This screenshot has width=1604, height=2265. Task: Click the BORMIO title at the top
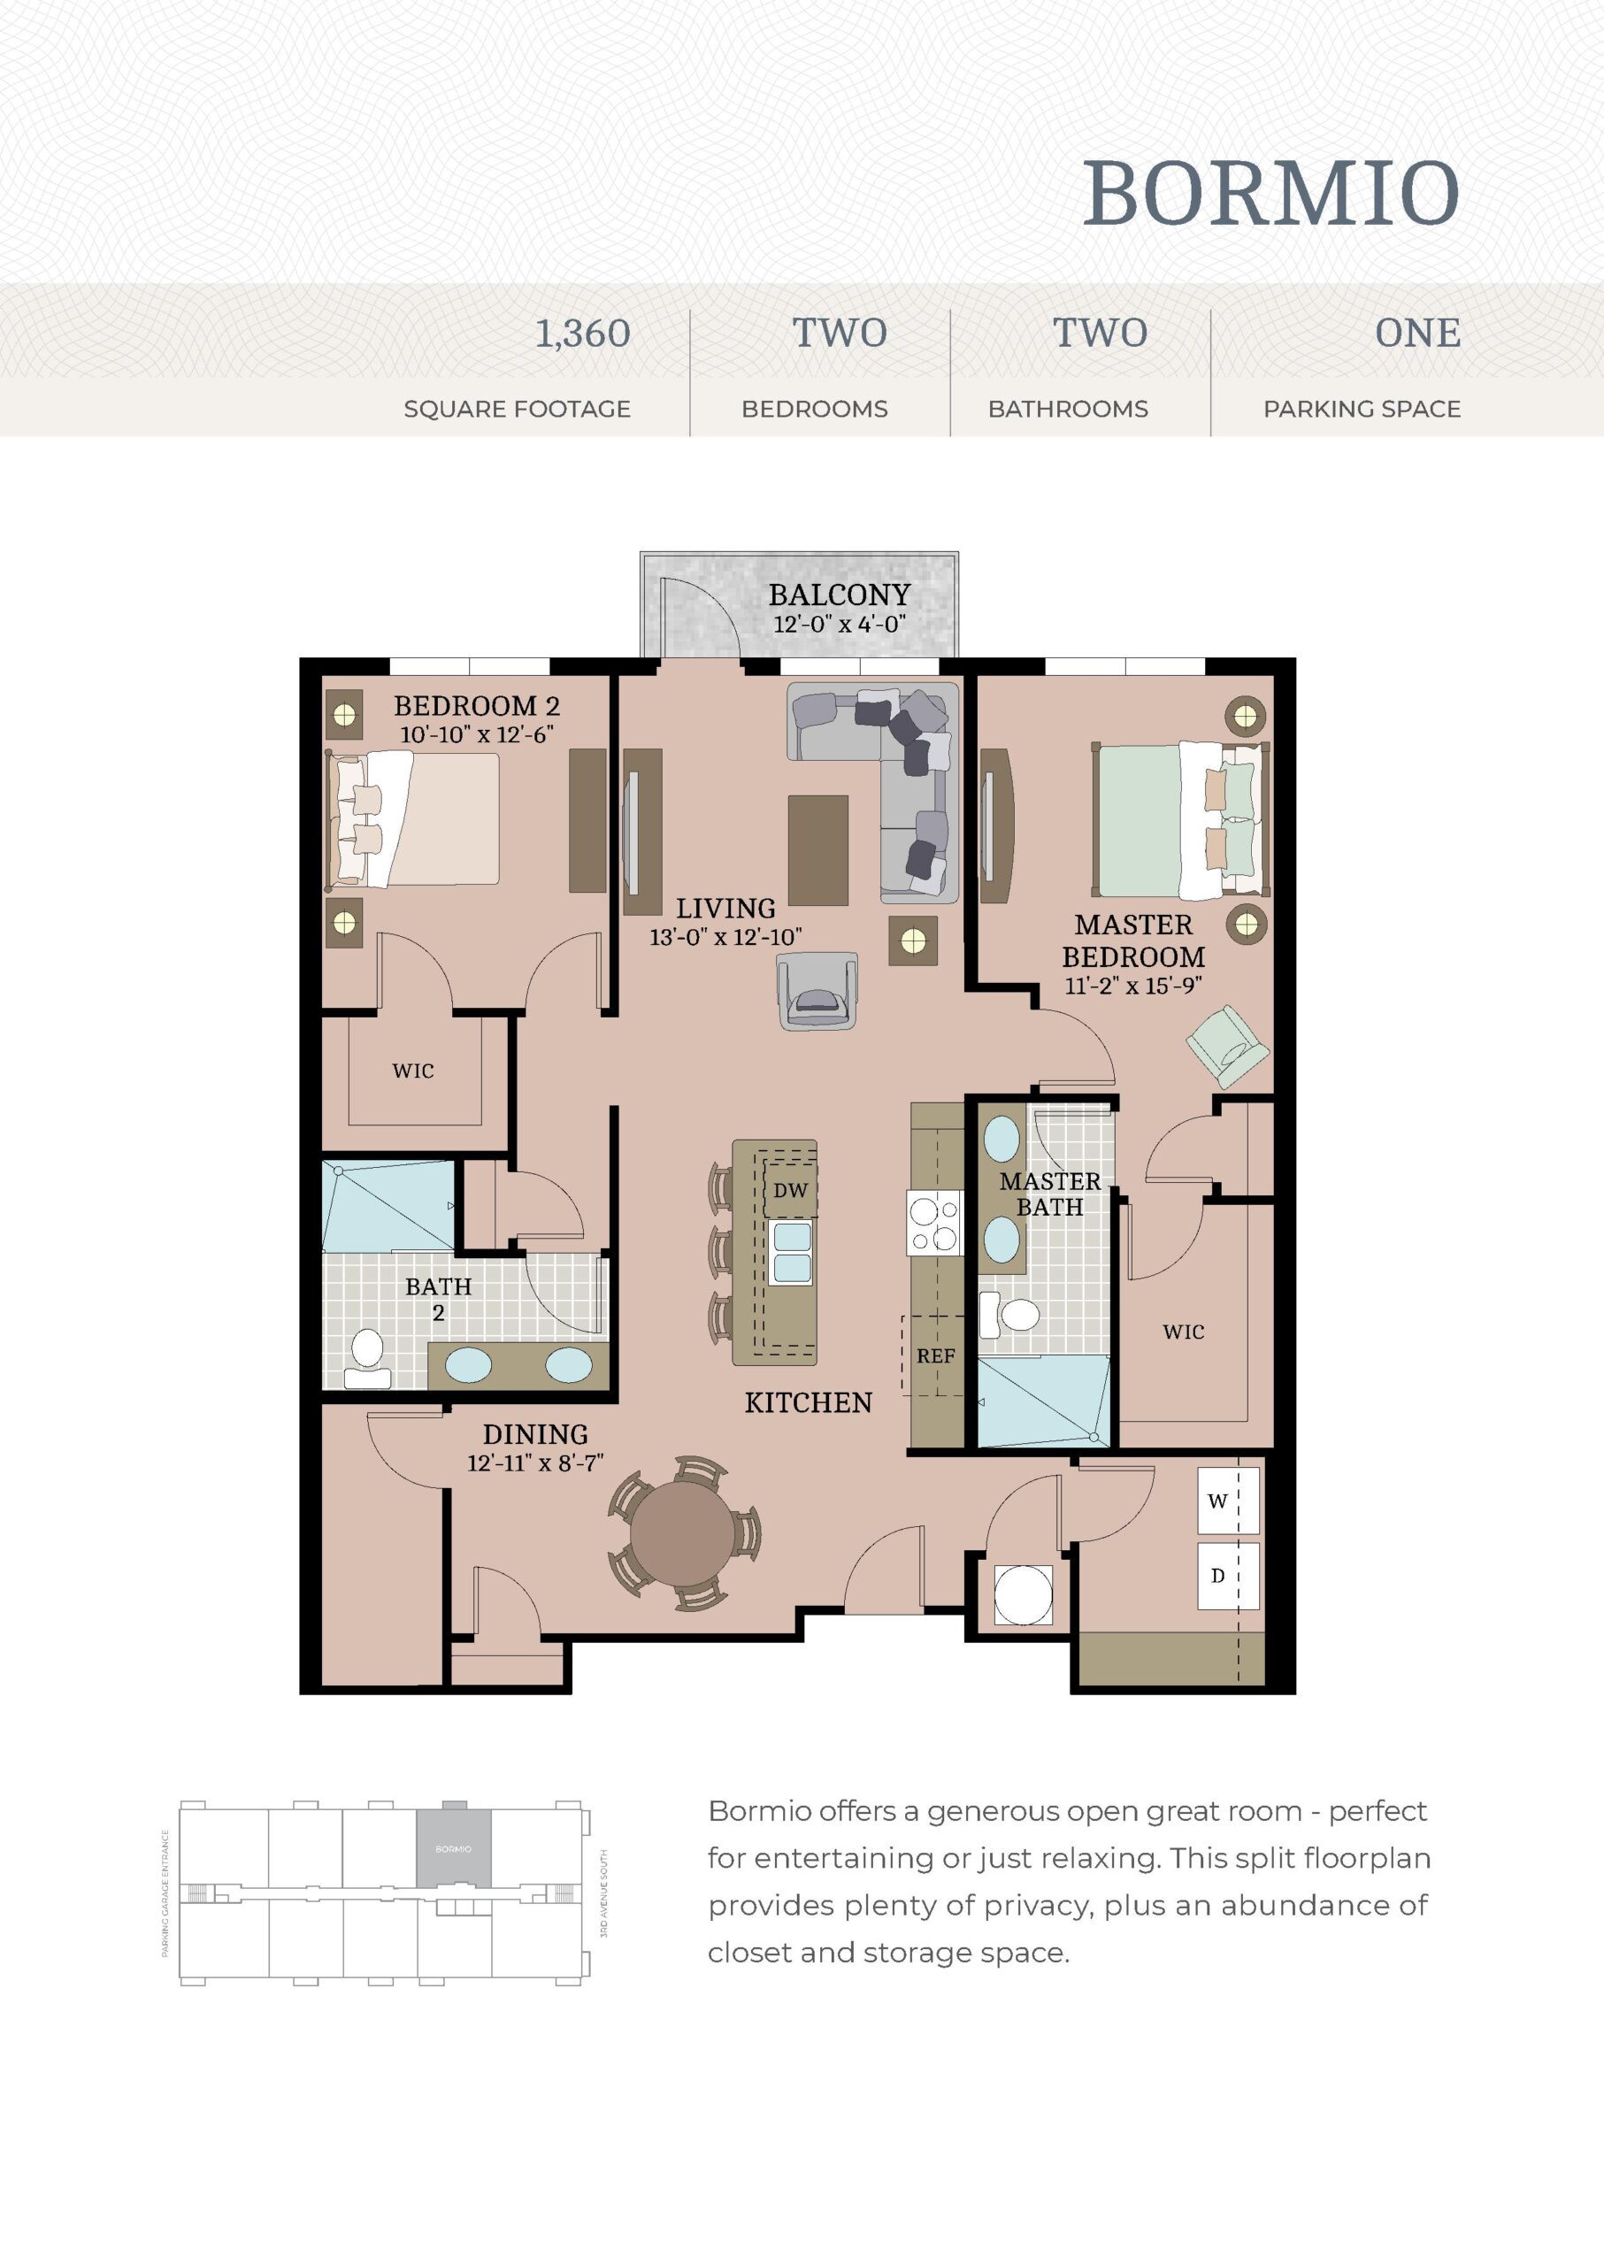point(1271,193)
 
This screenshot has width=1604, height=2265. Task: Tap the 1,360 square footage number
point(583,334)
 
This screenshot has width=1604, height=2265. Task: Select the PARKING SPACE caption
point(1362,409)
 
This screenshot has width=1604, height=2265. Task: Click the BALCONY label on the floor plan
point(840,595)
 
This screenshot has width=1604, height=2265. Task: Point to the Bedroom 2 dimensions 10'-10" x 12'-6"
point(476,735)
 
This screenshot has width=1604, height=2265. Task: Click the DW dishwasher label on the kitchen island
point(790,1190)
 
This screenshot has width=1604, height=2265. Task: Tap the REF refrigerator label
point(935,1356)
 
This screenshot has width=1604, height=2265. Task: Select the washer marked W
point(1229,1501)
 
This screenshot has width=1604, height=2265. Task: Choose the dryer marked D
point(1229,1576)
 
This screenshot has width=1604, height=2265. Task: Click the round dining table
point(682,1534)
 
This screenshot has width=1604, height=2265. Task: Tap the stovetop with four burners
point(933,1223)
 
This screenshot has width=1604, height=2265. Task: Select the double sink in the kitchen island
point(792,1253)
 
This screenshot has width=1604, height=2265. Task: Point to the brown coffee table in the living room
point(817,850)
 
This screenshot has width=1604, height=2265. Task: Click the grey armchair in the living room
point(817,992)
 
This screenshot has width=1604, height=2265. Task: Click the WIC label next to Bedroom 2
point(413,1071)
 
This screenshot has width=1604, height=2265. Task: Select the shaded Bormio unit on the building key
point(453,1847)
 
